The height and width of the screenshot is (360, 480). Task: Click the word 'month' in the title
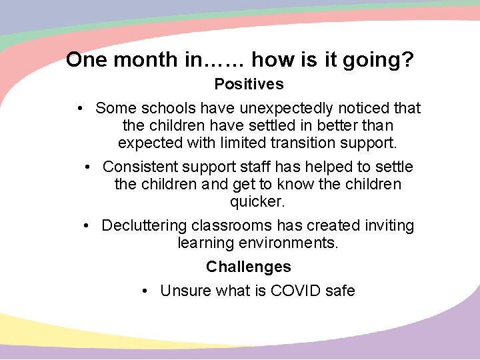[x=145, y=61]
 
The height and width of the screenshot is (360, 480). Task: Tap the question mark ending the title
[x=409, y=61]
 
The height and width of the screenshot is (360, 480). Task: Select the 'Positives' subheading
[x=249, y=85]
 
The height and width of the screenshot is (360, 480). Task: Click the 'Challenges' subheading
[x=249, y=267]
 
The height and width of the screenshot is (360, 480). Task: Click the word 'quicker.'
[x=257, y=201]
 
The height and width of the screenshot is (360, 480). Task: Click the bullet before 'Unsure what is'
[x=146, y=291]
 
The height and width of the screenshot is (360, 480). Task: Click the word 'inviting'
[x=387, y=225]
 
